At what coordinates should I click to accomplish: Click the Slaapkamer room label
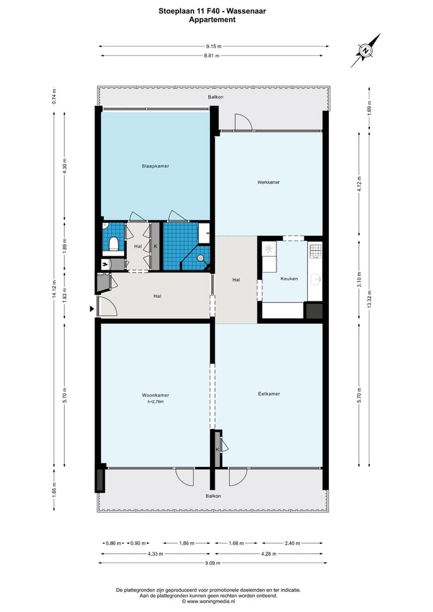(155, 165)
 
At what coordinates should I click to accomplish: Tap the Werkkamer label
(268, 182)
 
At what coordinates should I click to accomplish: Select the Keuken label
(289, 279)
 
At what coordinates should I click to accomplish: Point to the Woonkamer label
(155, 395)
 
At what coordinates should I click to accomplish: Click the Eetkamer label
(269, 394)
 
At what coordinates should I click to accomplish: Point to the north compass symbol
(366, 51)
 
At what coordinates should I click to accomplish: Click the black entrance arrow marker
(92, 309)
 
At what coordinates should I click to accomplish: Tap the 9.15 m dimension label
(213, 46)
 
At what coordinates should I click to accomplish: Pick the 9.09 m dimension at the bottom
(213, 563)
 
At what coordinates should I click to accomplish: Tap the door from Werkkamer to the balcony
(243, 123)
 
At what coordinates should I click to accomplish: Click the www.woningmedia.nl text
(216, 601)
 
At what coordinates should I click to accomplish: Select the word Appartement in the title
(212, 19)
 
